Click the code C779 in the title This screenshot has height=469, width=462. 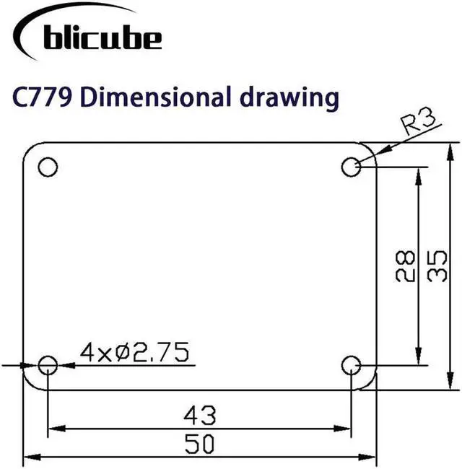click(42, 97)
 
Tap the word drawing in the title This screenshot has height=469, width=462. click(289, 98)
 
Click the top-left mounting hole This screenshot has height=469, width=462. click(48, 167)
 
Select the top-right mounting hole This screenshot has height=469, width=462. click(351, 167)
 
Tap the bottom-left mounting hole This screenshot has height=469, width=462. click(48, 365)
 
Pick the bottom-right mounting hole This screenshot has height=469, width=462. click(351, 365)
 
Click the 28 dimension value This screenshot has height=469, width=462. click(405, 266)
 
